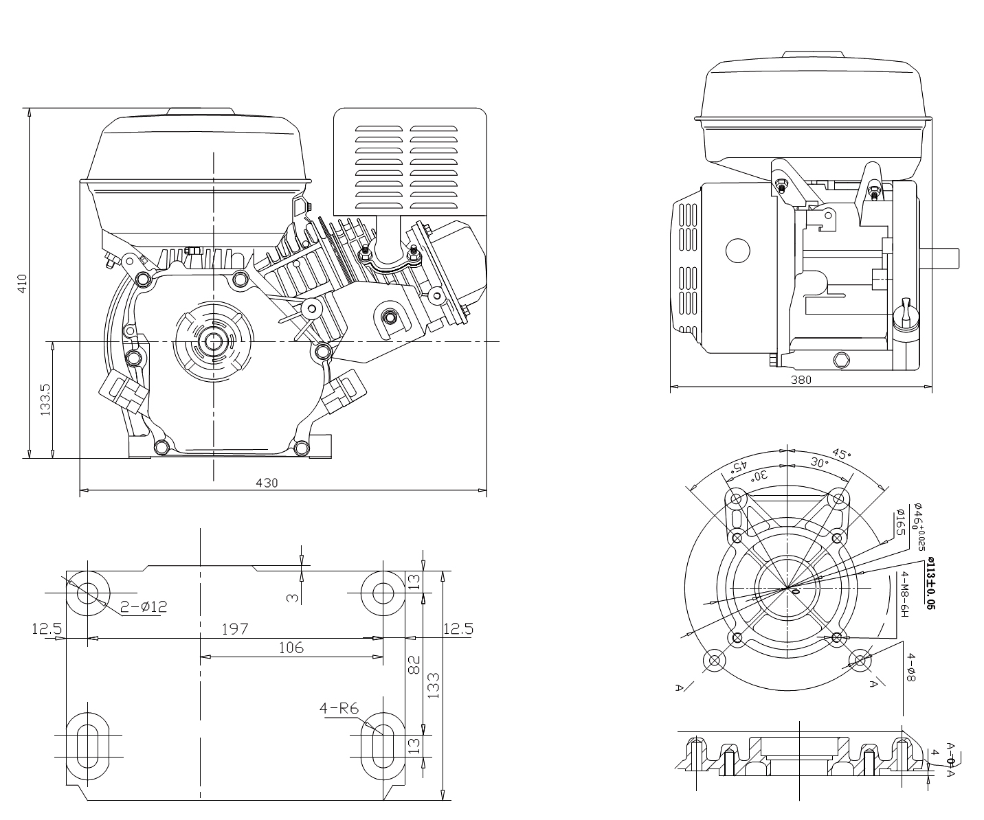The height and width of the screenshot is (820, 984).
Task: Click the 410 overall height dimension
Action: (22, 284)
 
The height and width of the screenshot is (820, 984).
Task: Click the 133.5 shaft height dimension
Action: (46, 400)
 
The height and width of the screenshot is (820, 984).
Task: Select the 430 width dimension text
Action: (267, 483)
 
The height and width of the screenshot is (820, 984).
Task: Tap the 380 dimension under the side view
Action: (801, 380)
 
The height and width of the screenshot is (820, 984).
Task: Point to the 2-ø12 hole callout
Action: (144, 606)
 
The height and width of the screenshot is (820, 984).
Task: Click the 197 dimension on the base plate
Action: (234, 628)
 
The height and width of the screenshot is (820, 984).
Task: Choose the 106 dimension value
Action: (291, 647)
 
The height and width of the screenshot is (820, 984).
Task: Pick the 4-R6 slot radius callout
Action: (339, 708)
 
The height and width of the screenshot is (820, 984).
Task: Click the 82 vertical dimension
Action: (414, 664)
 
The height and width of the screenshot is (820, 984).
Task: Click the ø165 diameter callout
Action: (899, 523)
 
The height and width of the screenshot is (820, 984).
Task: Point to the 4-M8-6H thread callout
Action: (905, 594)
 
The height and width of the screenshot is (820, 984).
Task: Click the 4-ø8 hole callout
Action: (911, 667)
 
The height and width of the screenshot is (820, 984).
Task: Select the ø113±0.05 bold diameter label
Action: (930, 584)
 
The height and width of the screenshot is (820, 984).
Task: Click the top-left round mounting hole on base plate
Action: (88, 592)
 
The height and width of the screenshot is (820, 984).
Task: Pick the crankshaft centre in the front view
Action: (214, 341)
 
